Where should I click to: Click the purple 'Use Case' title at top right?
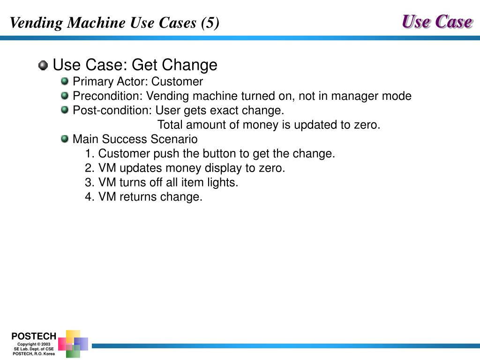click(x=436, y=22)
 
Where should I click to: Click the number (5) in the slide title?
click(x=210, y=23)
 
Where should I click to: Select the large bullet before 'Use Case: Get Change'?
click(x=43, y=65)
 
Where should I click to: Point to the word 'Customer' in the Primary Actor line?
click(x=177, y=82)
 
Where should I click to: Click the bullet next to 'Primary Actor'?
click(x=65, y=82)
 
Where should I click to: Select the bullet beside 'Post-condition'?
click(x=65, y=110)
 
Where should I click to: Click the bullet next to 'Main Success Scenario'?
click(x=65, y=139)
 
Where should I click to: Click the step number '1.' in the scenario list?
click(x=90, y=154)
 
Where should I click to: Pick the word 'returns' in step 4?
click(x=138, y=197)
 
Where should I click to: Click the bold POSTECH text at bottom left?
click(x=34, y=336)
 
